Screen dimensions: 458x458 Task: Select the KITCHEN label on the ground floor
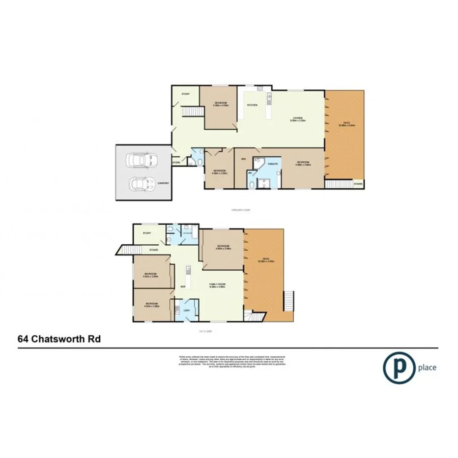(252, 105)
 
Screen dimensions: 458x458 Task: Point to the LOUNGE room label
(298, 117)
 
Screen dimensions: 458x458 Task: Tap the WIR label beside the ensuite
(243, 159)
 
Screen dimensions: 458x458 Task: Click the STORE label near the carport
(176, 162)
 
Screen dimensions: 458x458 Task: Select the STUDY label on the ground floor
(185, 94)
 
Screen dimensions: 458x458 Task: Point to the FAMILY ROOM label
(217, 284)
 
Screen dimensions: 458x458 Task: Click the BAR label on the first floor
(183, 286)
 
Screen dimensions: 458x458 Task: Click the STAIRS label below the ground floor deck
(358, 183)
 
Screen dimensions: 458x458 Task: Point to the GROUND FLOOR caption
(241, 210)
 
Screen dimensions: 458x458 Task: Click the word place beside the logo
(427, 367)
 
